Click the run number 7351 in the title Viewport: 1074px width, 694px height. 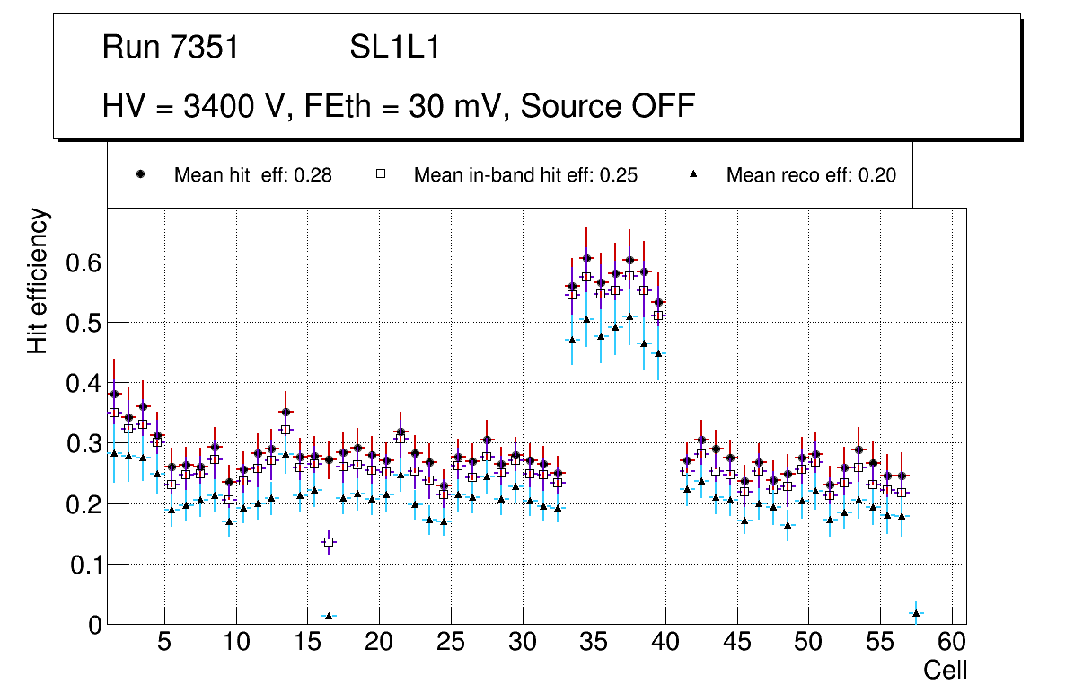(x=205, y=48)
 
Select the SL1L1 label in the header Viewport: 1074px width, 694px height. (x=395, y=48)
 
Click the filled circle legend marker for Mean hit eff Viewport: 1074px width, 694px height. (x=140, y=175)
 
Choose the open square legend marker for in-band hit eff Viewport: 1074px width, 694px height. (x=381, y=175)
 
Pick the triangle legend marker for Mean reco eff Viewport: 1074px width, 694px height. (x=693, y=175)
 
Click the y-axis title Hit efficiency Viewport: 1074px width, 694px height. (x=38, y=280)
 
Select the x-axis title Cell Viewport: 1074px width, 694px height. (x=946, y=670)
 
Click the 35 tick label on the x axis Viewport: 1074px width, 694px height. (x=594, y=644)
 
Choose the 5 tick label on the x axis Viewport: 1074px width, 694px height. (x=164, y=644)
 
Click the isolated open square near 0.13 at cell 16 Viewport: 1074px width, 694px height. (x=329, y=542)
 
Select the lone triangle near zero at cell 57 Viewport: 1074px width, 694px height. (x=916, y=613)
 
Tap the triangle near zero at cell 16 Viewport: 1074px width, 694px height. (x=329, y=616)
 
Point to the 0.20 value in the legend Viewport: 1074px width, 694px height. (x=877, y=175)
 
